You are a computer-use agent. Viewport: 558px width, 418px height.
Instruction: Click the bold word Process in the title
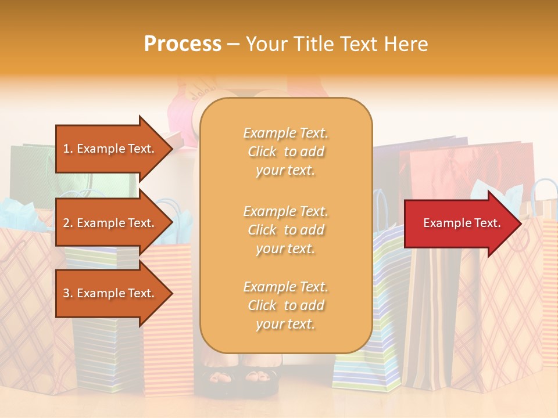click(183, 44)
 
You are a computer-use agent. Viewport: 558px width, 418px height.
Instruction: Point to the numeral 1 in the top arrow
click(66, 149)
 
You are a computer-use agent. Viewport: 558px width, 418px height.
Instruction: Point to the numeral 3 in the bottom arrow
click(66, 293)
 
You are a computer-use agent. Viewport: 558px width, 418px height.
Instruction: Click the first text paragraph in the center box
click(285, 152)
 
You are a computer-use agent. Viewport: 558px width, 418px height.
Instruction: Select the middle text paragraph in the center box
click(285, 230)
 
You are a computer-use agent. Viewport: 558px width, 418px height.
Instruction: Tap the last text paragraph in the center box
click(285, 305)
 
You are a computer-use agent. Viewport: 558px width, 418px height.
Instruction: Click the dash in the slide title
click(233, 45)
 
